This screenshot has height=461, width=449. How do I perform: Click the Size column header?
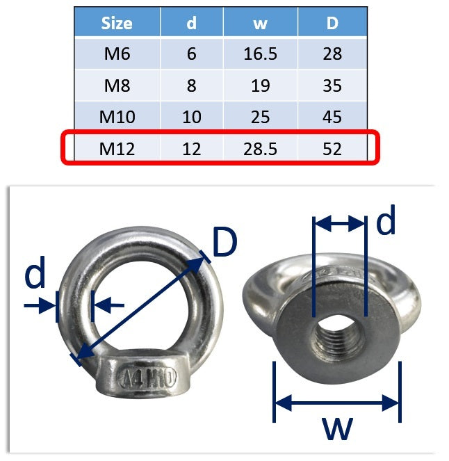pyautogui.click(x=117, y=23)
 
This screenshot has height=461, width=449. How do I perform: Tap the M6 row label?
pyautogui.click(x=117, y=54)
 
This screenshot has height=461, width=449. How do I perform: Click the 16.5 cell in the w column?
pyautogui.click(x=261, y=54)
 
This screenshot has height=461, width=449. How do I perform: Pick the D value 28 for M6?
pyautogui.click(x=332, y=54)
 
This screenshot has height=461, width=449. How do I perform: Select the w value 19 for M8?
pyautogui.click(x=261, y=86)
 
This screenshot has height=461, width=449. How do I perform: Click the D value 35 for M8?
pyautogui.click(x=332, y=86)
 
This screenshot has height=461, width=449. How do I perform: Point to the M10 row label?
pyautogui.click(x=117, y=117)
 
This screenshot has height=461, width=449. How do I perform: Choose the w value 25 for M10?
pyautogui.click(x=261, y=117)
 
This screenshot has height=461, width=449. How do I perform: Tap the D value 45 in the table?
pyautogui.click(x=332, y=117)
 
